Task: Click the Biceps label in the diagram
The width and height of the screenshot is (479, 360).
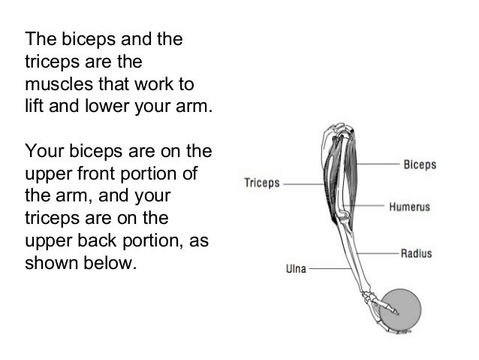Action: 420,164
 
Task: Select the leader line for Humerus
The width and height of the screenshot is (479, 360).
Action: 368,204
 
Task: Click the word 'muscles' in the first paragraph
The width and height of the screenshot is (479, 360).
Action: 53,81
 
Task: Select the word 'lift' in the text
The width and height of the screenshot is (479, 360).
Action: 34,104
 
